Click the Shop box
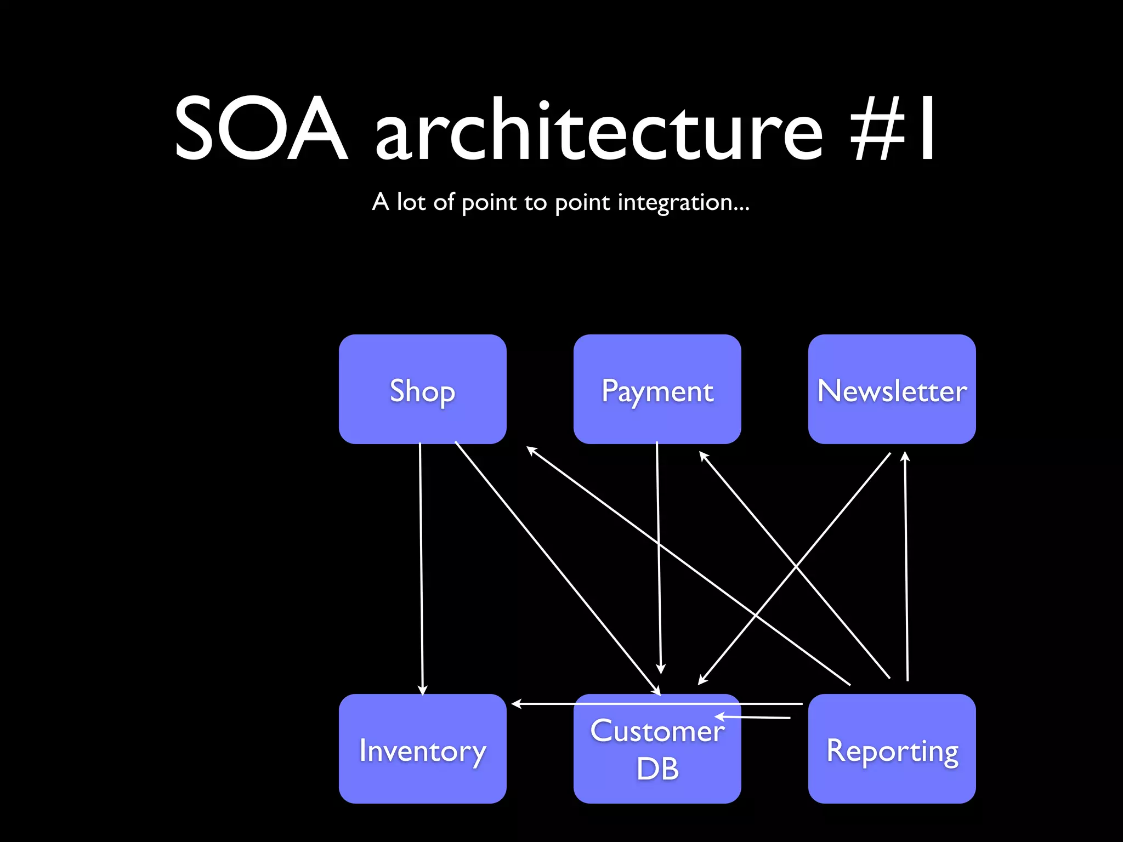(422, 389)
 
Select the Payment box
(657, 389)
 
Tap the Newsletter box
(892, 389)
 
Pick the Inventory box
(422, 749)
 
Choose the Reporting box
(892, 749)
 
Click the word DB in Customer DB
(657, 769)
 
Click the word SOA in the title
(261, 129)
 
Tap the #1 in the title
(893, 129)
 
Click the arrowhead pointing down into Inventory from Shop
(422, 690)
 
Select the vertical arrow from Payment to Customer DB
(659, 554)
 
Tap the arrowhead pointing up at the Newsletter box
(905, 456)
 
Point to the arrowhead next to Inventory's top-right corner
(517, 703)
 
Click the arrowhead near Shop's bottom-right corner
(531, 450)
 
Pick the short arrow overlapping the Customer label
(754, 717)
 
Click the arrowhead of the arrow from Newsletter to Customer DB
(702, 681)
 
